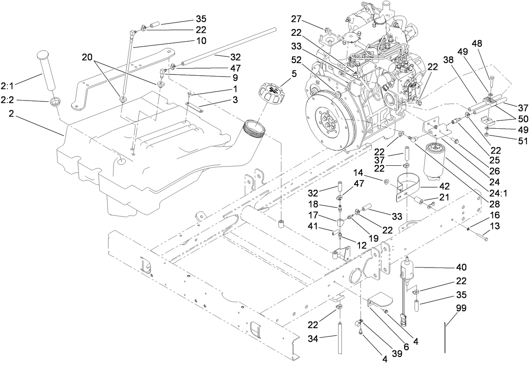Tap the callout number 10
pos(201,41)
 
